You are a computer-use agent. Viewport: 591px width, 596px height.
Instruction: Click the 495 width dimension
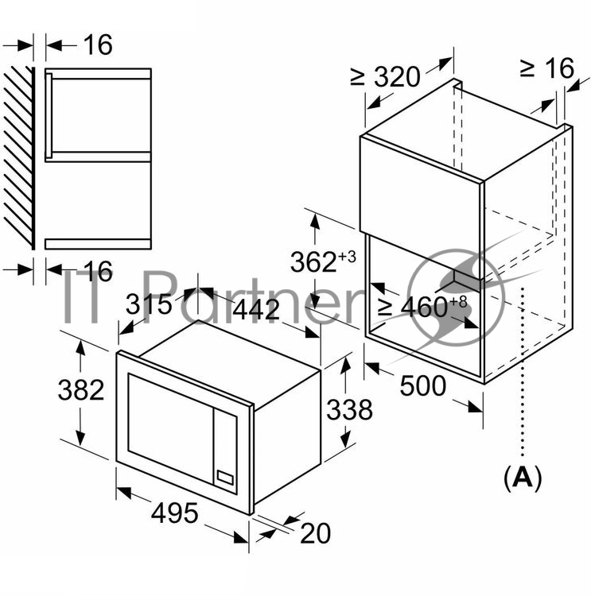pos(175,513)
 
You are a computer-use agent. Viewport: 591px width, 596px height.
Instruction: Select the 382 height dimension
pos(81,390)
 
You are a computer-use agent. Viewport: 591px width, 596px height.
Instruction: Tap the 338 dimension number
pos(350,410)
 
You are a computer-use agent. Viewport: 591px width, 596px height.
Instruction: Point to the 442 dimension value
pos(256,309)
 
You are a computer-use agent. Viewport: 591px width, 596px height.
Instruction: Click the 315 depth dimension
pos(149,304)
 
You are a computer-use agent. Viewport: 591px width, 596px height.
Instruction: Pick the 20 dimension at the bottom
pos(316,534)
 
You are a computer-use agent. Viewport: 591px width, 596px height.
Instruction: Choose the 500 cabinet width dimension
pos(423,385)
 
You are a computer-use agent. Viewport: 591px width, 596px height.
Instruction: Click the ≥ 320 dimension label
pos(385,76)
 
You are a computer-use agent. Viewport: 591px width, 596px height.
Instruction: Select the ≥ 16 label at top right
pos(547,68)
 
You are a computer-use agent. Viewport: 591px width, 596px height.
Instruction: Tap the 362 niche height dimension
pos(313,262)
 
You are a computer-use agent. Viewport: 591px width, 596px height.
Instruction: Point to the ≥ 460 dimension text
pos(413,307)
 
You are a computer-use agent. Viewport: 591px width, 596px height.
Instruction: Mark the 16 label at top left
pos(98,45)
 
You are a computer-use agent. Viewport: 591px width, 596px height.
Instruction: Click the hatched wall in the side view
pos(17,157)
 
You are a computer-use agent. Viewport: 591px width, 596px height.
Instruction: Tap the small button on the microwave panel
pos(225,478)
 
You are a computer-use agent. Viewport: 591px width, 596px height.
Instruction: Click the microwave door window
pos(170,428)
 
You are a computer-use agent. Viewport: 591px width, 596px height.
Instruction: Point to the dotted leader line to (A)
pos(523,372)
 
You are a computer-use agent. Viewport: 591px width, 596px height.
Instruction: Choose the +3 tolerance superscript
pos(347,256)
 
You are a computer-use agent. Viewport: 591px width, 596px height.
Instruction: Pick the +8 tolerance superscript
pos(458,301)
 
